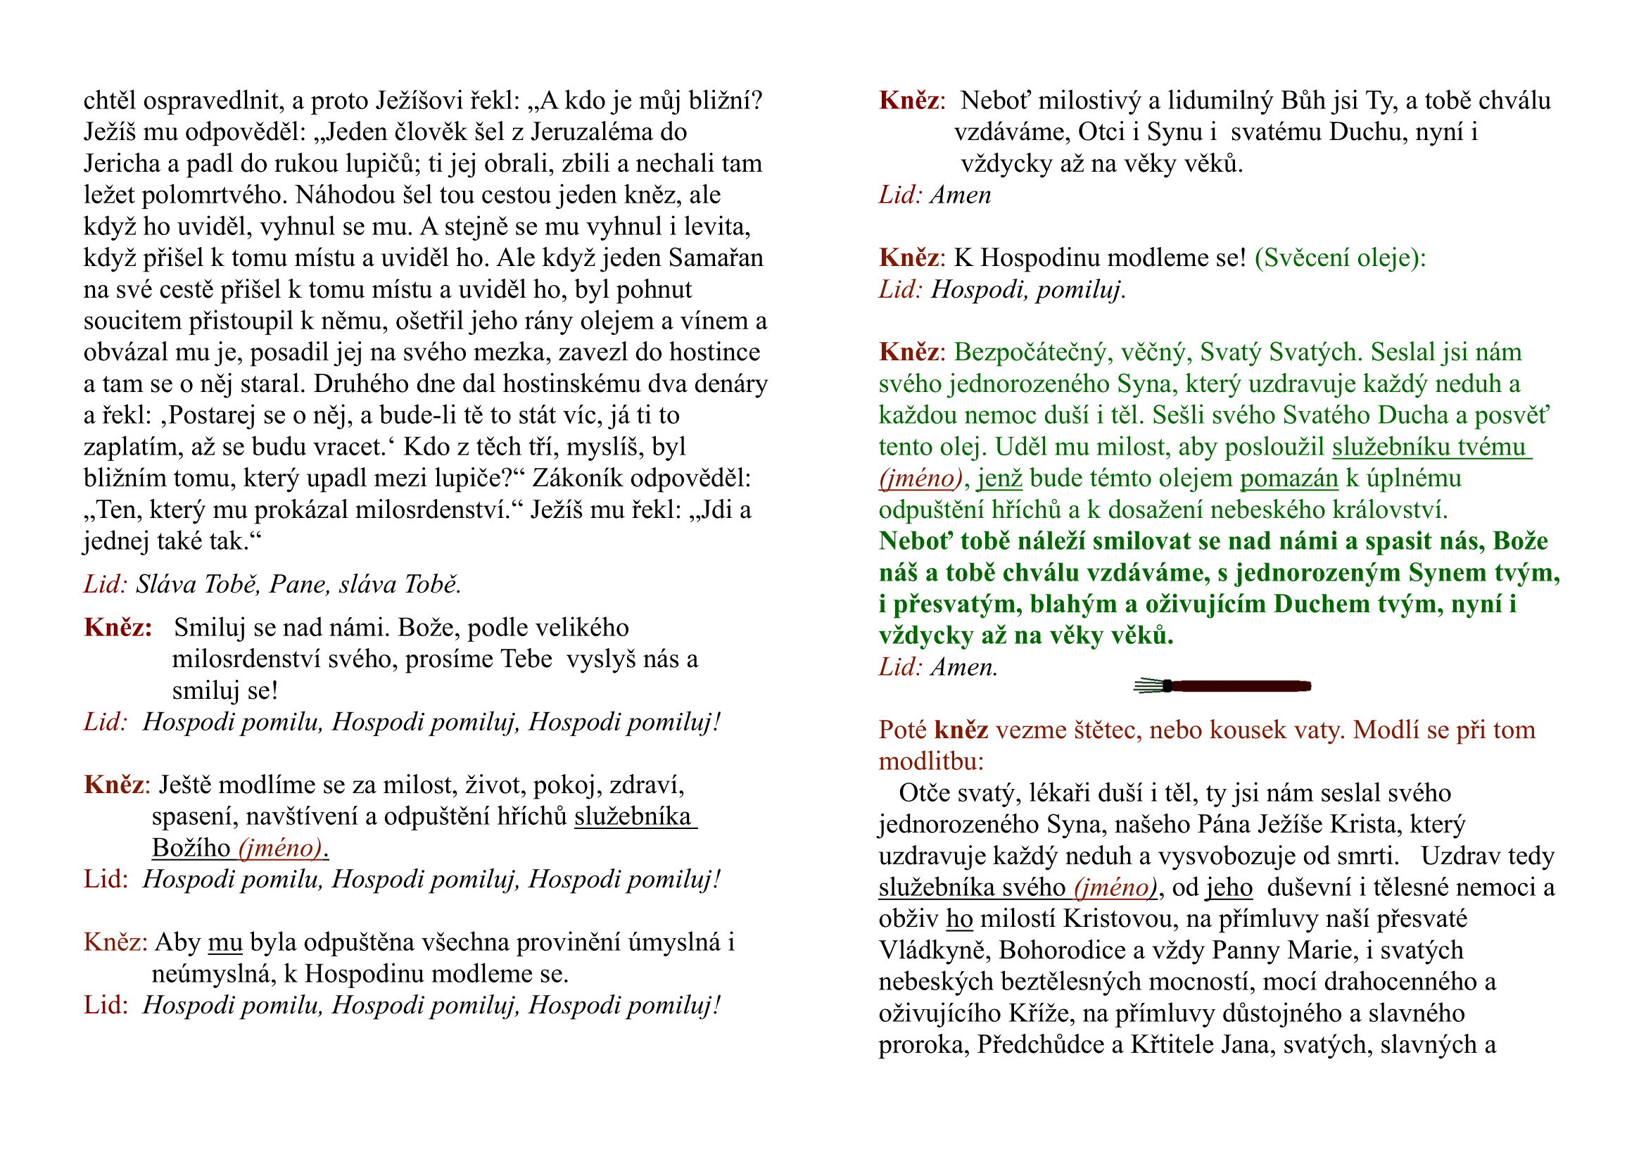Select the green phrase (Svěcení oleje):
(x=1340, y=258)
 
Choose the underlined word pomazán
(x=1289, y=479)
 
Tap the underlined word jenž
(x=999, y=479)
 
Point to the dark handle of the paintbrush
(x=1240, y=687)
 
